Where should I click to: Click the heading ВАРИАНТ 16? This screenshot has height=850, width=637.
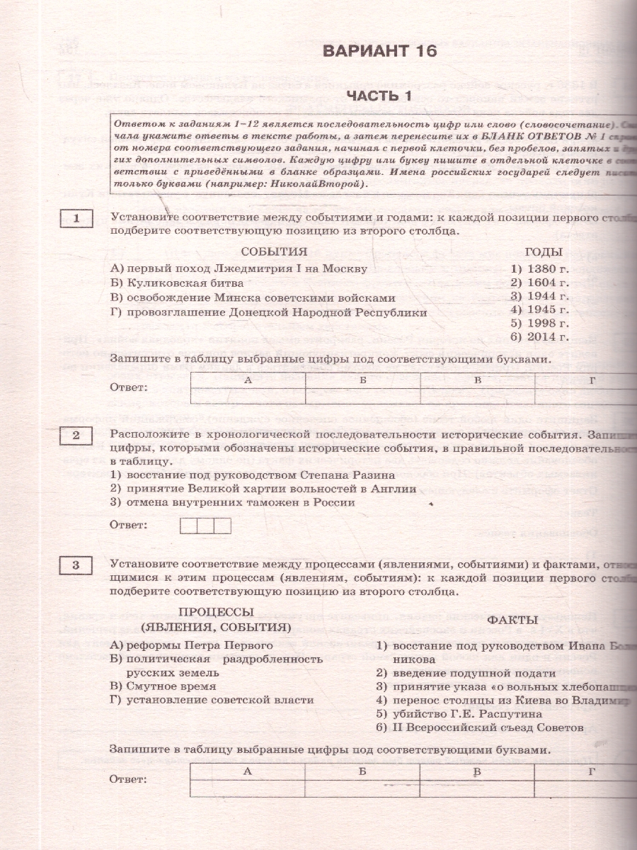[x=379, y=51]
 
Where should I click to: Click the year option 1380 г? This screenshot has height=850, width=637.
[x=539, y=269]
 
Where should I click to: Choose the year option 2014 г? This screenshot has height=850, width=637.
[x=539, y=336]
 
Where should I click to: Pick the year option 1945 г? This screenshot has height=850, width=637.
[x=539, y=310]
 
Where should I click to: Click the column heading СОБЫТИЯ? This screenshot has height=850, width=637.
[x=274, y=251]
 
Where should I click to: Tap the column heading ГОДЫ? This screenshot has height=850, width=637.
[x=544, y=251]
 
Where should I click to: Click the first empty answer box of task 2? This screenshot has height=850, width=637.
[x=188, y=526]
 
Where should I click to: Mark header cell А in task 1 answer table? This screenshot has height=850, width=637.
[x=248, y=380]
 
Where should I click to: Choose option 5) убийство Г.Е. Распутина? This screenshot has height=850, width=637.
[x=459, y=713]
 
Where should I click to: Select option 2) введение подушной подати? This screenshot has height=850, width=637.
[x=465, y=672]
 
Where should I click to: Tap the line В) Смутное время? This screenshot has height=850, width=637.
[x=163, y=686]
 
